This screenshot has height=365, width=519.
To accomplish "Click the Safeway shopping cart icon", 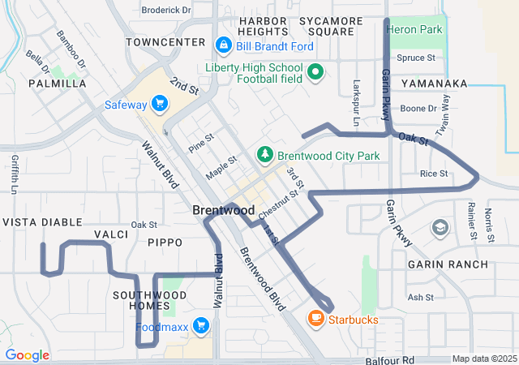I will coord(160,104).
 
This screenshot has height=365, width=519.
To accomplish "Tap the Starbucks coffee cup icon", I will coord(316,319).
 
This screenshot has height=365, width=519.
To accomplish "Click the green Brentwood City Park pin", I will coord(264,154).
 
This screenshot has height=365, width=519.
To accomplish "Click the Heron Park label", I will coord(415,29).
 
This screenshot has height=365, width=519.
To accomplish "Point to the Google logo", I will coord(27,355).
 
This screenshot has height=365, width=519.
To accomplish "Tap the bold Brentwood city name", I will coord(225,210).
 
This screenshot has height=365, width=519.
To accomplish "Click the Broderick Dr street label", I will coord(165,11).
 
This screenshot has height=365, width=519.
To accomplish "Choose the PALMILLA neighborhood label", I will coord(57,84).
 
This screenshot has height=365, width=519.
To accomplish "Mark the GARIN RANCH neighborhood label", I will coord(448,264).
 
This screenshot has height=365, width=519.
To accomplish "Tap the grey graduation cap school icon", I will coord(440,227).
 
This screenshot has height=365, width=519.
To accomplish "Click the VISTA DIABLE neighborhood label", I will coord(42,221).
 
